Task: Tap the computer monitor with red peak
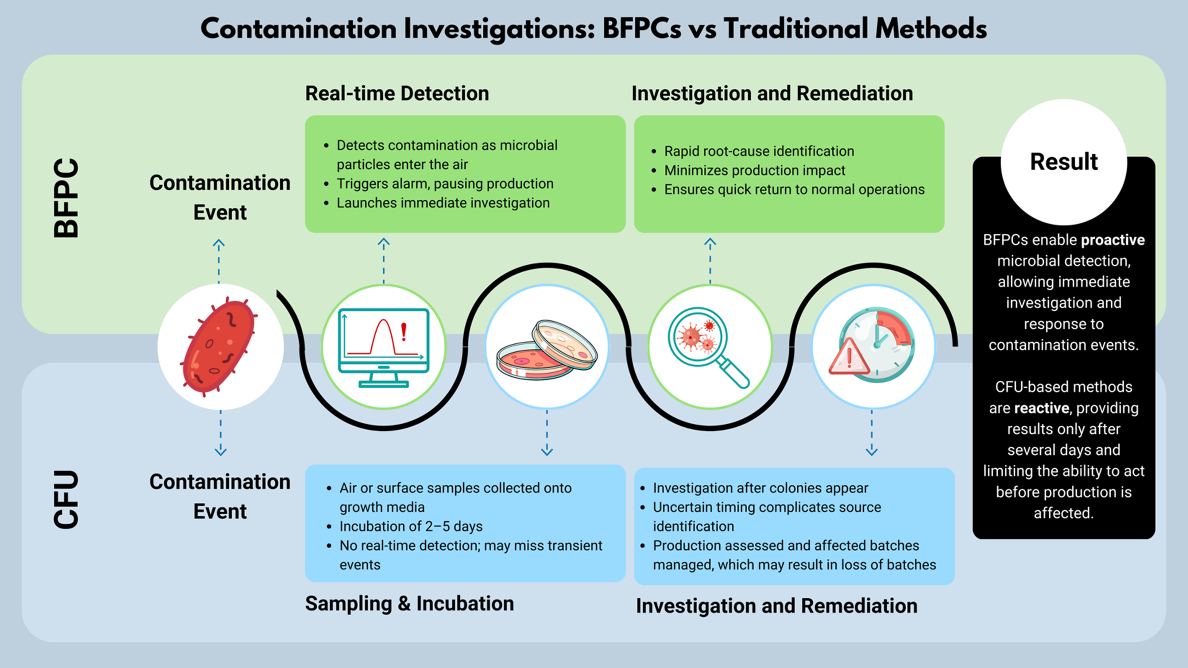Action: click(383, 347)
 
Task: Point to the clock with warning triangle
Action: click(872, 347)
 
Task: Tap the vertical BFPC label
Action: click(66, 198)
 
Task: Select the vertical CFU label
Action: click(66, 499)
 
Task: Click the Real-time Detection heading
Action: click(397, 94)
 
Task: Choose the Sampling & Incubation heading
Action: click(409, 604)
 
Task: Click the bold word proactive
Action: click(1113, 240)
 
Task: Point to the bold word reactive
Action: click(1041, 408)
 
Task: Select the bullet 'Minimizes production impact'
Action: click(754, 170)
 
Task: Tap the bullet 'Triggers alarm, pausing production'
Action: click(445, 183)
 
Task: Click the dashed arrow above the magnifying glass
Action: click(710, 260)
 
